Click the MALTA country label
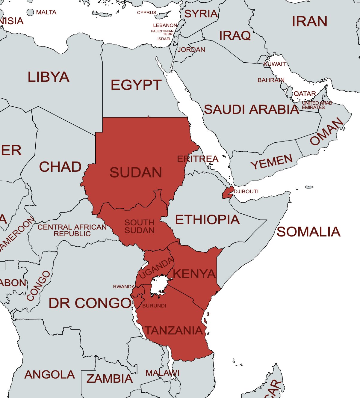point(46,13)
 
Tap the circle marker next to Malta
point(30,12)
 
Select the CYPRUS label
point(146,13)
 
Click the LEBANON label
point(165,25)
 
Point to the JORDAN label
point(191,50)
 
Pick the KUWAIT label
point(275,64)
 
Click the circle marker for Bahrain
point(284,86)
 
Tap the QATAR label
point(305,94)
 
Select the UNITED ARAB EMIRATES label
point(317,105)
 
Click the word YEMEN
point(272,162)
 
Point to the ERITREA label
point(198,159)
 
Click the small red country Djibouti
point(228,193)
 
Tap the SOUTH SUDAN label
point(139,227)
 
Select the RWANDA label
point(124,287)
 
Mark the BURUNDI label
point(154,306)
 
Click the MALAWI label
point(162,373)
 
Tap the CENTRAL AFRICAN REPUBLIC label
point(72,230)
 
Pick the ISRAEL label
point(164,39)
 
